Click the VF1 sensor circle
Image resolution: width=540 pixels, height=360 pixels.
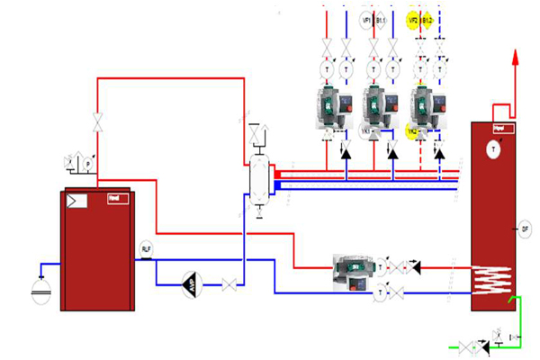366,20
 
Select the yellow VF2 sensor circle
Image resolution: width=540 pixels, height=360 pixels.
413,20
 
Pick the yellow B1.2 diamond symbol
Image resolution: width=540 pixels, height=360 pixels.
427,20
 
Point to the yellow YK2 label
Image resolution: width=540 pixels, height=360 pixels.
412,132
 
